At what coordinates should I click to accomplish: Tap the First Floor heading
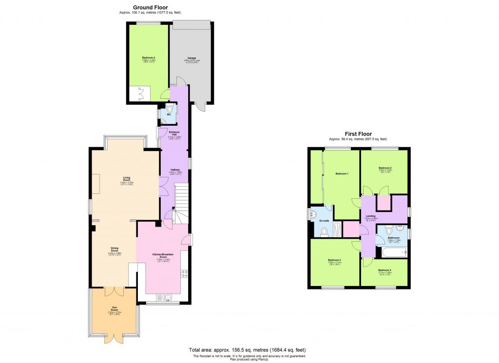point(358,134)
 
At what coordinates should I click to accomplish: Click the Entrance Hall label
point(174,133)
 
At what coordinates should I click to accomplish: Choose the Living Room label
point(127,179)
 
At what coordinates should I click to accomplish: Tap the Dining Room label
point(115,250)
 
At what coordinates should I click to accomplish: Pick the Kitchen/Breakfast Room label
point(163,257)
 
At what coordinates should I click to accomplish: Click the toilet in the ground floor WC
point(169,110)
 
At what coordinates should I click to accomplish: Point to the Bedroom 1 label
point(342,173)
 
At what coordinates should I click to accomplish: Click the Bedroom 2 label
point(385,169)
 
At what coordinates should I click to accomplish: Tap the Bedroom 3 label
point(334,260)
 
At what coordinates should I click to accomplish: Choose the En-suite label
point(324,221)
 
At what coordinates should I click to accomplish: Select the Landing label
point(371,215)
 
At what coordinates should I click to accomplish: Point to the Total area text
point(247,350)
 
